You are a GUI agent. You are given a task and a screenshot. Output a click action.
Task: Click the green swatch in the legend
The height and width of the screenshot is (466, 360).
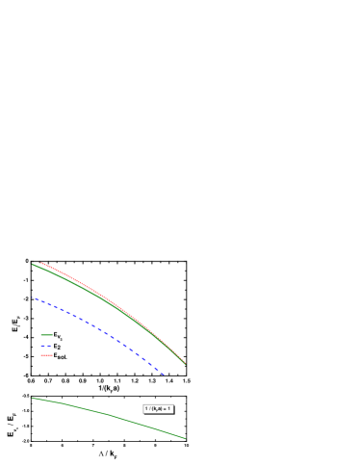click(46, 335)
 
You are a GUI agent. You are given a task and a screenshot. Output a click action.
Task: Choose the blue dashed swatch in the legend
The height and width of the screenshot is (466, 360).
click(46, 345)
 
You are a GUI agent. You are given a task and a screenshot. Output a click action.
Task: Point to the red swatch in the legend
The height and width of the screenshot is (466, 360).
click(46, 355)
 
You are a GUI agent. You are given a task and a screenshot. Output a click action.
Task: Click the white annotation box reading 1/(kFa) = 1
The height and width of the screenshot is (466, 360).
click(158, 408)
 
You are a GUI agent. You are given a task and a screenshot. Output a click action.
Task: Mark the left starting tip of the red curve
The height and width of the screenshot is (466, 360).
click(41, 263)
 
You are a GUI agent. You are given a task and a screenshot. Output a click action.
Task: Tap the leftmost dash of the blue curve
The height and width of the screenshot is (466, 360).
click(37, 298)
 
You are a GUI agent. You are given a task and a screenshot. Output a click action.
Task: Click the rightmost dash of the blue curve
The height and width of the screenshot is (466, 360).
click(163, 374)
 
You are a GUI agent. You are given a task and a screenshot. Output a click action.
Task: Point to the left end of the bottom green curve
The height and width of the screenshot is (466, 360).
click(34, 397)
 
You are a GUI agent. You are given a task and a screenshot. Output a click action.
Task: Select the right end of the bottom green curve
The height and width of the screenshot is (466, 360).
click(185, 438)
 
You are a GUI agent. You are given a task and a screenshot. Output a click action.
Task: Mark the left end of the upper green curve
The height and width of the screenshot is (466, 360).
click(33, 264)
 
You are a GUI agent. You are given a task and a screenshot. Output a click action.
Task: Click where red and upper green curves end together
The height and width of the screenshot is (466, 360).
click(185, 364)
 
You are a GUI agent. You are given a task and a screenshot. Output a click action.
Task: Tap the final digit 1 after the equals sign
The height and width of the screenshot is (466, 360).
click(169, 408)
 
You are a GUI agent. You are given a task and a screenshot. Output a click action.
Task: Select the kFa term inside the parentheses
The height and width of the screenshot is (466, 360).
click(157, 408)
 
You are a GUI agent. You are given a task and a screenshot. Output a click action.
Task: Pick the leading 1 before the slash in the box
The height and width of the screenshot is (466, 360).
click(146, 408)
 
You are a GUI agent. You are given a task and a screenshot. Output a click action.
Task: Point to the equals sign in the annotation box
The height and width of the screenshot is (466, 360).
click(166, 408)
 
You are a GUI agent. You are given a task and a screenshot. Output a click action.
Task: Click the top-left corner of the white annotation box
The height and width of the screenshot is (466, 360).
click(143, 404)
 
